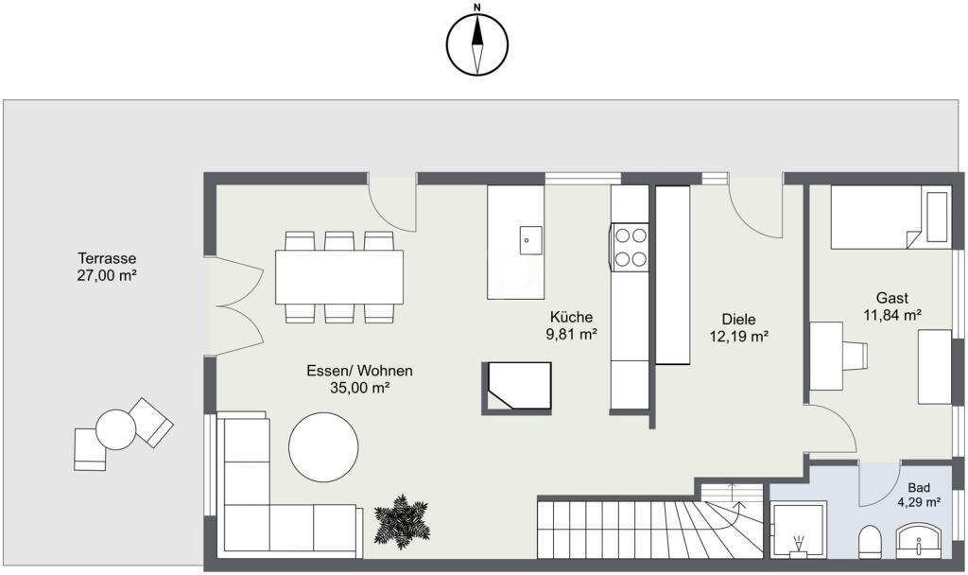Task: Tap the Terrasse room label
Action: tap(107, 258)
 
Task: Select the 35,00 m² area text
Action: tap(359, 388)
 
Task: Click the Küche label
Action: tap(572, 317)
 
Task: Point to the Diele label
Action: tap(739, 320)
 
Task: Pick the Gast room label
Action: tap(892, 298)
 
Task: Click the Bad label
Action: tap(919, 488)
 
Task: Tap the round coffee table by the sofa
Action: tap(323, 447)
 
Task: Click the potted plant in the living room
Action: tap(401, 522)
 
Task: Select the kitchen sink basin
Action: tap(530, 240)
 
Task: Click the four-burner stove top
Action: tap(630, 248)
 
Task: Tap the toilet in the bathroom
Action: tap(870, 542)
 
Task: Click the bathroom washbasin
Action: tap(919, 541)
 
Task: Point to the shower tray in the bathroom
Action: tap(799, 531)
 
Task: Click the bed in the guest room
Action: tap(890, 217)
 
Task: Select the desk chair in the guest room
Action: tap(855, 357)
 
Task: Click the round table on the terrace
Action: tap(116, 430)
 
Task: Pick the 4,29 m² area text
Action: tap(919, 502)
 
